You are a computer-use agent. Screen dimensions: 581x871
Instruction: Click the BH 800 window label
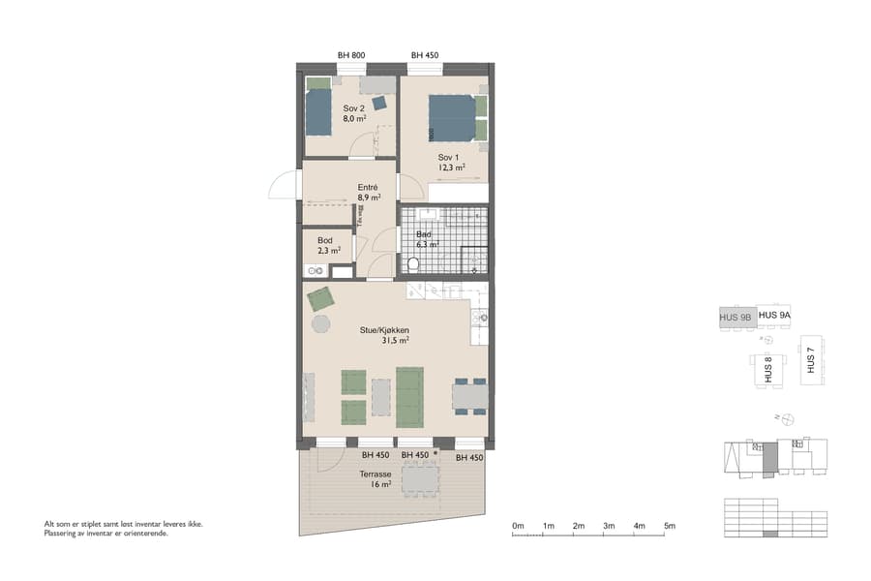click(x=351, y=55)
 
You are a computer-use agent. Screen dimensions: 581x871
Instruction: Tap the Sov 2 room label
click(x=353, y=113)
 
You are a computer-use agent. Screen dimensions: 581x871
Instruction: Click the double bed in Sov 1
click(x=453, y=117)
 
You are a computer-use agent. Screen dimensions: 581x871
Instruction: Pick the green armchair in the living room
click(x=319, y=299)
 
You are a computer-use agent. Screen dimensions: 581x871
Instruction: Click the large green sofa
click(x=410, y=397)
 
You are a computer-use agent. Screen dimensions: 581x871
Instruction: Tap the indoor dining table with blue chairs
click(x=469, y=396)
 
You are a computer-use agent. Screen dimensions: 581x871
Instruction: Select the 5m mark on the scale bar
click(x=670, y=526)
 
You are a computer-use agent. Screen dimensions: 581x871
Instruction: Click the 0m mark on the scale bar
click(x=518, y=526)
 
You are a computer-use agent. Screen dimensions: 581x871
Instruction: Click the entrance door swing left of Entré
click(x=283, y=186)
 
